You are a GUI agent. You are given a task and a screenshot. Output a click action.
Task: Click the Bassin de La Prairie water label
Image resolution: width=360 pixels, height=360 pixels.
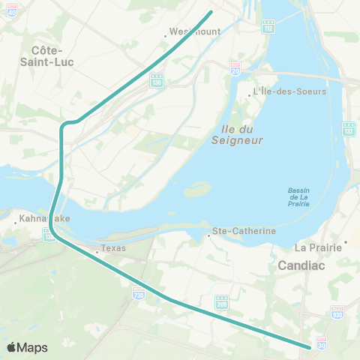[298, 196]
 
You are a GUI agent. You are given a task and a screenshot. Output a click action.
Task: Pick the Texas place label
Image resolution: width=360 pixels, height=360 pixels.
[114, 248]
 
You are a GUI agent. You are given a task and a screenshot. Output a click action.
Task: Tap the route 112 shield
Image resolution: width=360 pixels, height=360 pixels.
[268, 27]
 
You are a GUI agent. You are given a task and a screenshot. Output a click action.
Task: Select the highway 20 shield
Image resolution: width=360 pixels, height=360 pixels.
[235, 67]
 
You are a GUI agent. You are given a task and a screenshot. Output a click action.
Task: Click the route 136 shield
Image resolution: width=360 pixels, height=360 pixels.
[157, 80]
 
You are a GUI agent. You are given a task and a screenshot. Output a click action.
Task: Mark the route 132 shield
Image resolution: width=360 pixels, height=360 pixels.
[348, 129]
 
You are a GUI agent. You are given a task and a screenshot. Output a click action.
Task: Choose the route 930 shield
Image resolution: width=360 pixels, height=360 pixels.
[337, 312]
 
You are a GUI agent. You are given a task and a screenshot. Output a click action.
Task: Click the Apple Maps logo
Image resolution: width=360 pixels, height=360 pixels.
[27, 347]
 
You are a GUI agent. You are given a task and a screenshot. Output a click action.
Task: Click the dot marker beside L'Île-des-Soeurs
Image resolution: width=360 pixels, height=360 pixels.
[250, 95]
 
